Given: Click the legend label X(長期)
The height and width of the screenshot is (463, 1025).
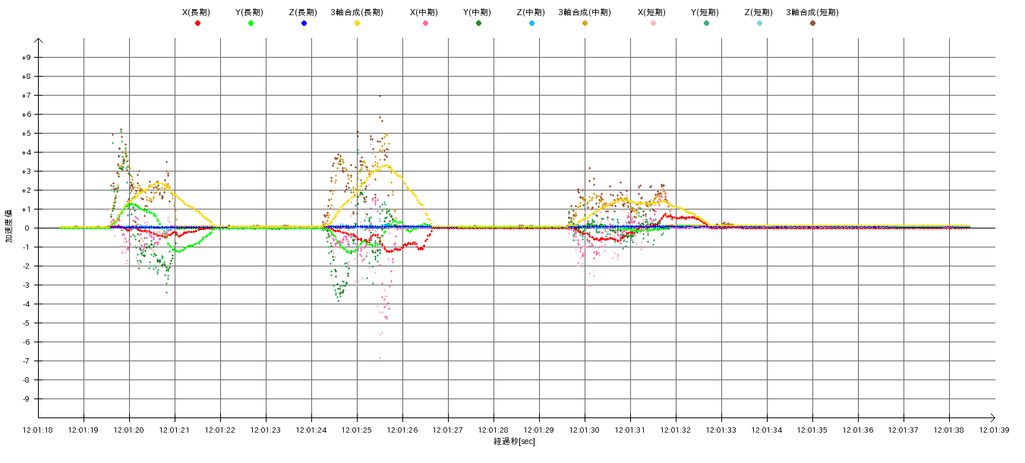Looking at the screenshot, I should (x=197, y=12).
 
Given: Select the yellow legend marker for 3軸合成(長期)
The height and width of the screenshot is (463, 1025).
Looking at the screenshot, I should (x=357, y=24).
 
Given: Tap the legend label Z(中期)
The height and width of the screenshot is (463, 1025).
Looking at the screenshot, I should (x=531, y=12).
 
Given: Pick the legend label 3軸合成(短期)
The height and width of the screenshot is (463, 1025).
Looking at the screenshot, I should (x=812, y=12).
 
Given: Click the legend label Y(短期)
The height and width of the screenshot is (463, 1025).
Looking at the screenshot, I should (x=706, y=12).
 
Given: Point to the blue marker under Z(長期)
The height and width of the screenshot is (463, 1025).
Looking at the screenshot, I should (x=304, y=24).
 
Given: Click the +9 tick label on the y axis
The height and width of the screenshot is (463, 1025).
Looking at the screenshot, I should (x=27, y=58).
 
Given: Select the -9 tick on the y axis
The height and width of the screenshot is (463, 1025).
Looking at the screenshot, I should (x=27, y=399).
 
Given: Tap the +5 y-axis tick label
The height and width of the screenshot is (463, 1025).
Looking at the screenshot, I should (x=27, y=134).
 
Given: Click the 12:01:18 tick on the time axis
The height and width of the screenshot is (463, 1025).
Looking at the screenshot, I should (x=39, y=430).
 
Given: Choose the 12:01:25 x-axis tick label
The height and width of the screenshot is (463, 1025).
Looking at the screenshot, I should (x=357, y=430).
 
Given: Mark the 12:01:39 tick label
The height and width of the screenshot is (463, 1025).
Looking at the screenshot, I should (x=994, y=430).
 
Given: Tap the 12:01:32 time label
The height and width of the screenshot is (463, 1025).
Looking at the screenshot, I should (x=676, y=430).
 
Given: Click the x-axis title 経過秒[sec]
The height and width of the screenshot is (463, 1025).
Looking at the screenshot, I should (x=514, y=441).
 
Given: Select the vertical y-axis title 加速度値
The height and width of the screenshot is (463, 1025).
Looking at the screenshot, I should (x=9, y=226).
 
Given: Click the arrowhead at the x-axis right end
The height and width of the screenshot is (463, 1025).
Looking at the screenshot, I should (x=992, y=417).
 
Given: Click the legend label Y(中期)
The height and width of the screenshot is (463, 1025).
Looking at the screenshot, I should (x=478, y=12).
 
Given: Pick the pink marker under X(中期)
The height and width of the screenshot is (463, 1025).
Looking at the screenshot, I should (x=425, y=24).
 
